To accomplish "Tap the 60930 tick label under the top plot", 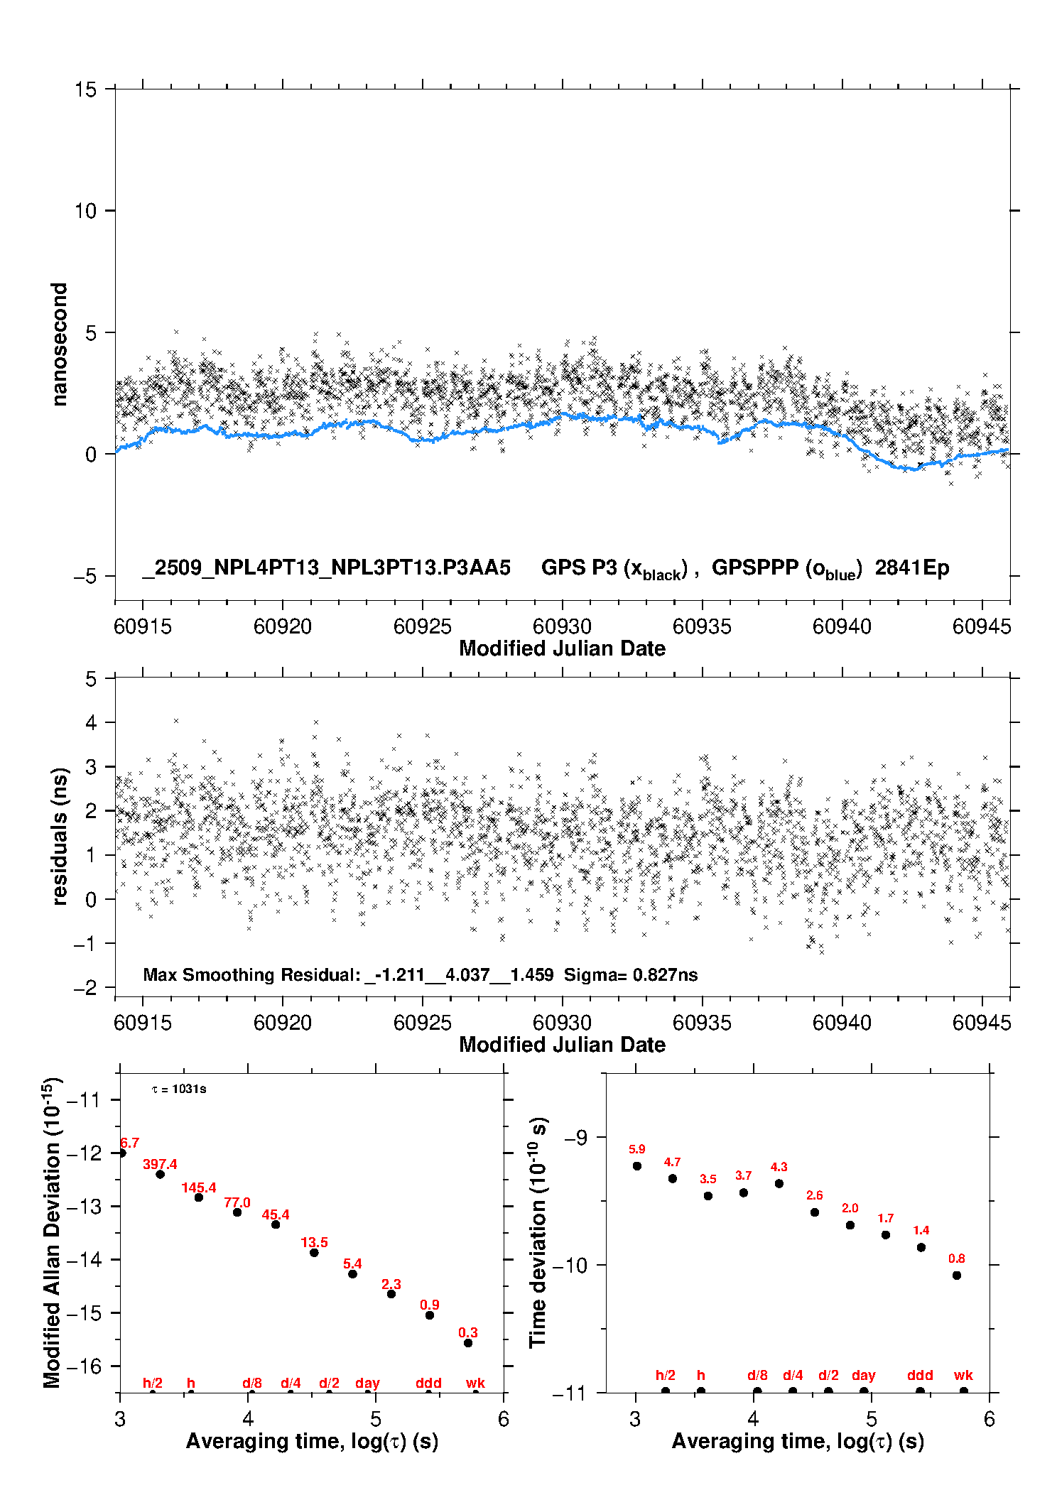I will pyautogui.click(x=562, y=626).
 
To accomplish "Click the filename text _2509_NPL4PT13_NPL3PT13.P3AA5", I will pyautogui.click(x=326, y=568).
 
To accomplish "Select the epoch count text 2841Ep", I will pyautogui.click(x=911, y=568).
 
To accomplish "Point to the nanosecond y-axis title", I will pyautogui.click(x=60, y=344).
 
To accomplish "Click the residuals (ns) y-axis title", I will pyautogui.click(x=60, y=836).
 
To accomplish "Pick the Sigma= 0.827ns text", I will pyautogui.click(x=631, y=974).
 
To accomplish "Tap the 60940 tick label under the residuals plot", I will pyautogui.click(x=842, y=1023).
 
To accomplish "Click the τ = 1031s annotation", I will pyautogui.click(x=179, y=1089).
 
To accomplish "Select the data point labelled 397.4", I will pyautogui.click(x=161, y=1174).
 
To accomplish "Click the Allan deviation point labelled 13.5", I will pyautogui.click(x=314, y=1253).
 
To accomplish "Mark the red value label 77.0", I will pyautogui.click(x=237, y=1202).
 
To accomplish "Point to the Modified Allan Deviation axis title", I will pyautogui.click(x=52, y=1232).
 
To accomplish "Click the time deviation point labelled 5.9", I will pyautogui.click(x=637, y=1165).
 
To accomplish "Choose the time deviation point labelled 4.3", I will pyautogui.click(x=779, y=1183).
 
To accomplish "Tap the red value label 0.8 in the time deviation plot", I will pyautogui.click(x=957, y=1258).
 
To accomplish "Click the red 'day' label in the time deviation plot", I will pyautogui.click(x=864, y=1375).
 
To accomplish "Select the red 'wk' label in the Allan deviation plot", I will pyautogui.click(x=475, y=1383).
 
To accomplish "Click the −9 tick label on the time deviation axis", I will pyautogui.click(x=577, y=1138).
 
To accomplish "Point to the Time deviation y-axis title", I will pyautogui.click(x=538, y=1232).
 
